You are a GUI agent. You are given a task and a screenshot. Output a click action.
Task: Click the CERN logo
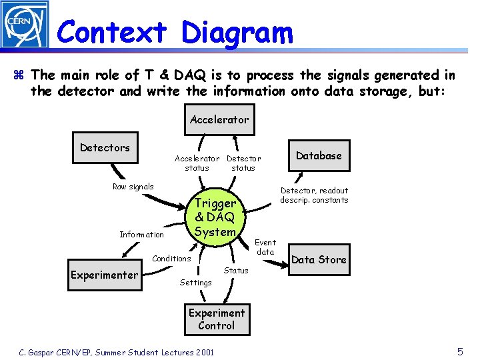click(x=25, y=25)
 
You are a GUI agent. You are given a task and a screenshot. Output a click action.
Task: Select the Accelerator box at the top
click(x=219, y=120)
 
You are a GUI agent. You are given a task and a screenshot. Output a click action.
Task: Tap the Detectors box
click(x=105, y=147)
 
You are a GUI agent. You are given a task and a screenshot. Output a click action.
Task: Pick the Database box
click(x=318, y=155)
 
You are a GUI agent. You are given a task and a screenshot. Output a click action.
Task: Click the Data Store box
click(x=319, y=259)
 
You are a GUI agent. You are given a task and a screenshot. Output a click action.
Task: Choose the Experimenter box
click(x=104, y=275)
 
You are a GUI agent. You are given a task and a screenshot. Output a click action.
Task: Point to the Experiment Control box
click(x=216, y=319)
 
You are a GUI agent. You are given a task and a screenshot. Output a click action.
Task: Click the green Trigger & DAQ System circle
click(x=215, y=217)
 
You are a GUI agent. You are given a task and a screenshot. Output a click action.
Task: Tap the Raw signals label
click(x=133, y=187)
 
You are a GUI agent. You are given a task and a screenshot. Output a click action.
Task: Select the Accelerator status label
click(x=197, y=163)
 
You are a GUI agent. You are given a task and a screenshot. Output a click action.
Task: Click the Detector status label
click(x=243, y=163)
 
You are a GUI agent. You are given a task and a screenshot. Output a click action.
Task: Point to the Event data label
click(x=265, y=247)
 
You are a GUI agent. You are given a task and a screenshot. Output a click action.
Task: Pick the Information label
click(x=141, y=235)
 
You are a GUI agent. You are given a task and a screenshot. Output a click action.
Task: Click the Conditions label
click(x=171, y=259)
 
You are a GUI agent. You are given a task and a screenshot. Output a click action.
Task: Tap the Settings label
click(x=195, y=283)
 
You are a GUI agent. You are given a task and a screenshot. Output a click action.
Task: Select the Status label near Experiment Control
click(x=236, y=271)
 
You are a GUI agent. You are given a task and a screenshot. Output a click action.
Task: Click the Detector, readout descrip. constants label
click(x=314, y=195)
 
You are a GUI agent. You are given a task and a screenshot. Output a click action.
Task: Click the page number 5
click(x=460, y=351)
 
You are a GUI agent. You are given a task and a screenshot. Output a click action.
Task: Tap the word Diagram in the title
click(x=237, y=31)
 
